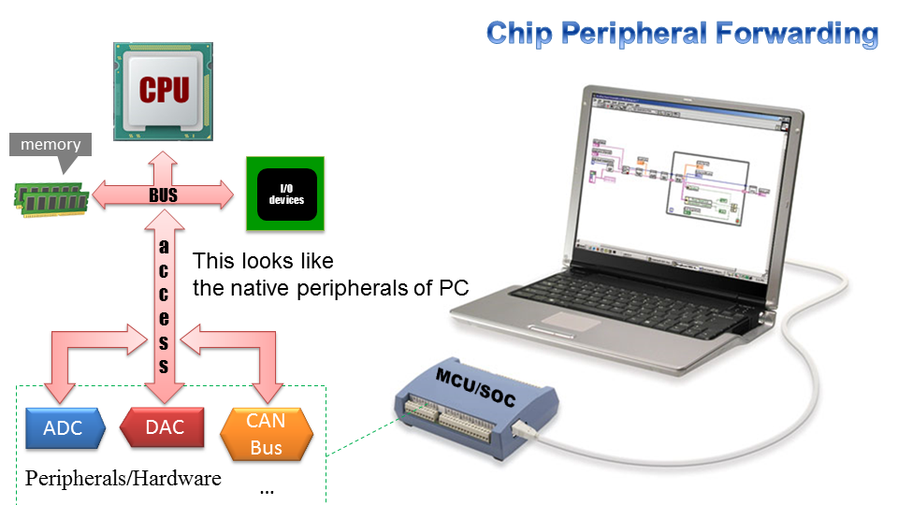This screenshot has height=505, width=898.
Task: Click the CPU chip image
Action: point(164,91)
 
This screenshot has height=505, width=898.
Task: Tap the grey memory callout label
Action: point(51,145)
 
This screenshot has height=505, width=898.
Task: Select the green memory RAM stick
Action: point(51,195)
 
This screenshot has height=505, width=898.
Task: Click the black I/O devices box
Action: point(286,195)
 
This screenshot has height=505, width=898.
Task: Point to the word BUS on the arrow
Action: point(164,196)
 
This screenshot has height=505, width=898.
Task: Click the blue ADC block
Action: point(63,428)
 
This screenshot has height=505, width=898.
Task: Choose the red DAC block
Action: point(164,428)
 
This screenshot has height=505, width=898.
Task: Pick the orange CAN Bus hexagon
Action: point(266,433)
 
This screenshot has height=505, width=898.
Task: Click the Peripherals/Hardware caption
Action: point(123,478)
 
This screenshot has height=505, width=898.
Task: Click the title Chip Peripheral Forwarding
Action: point(682,34)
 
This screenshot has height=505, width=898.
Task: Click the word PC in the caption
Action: point(453,288)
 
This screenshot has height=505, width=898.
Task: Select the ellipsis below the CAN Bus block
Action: point(267,489)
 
